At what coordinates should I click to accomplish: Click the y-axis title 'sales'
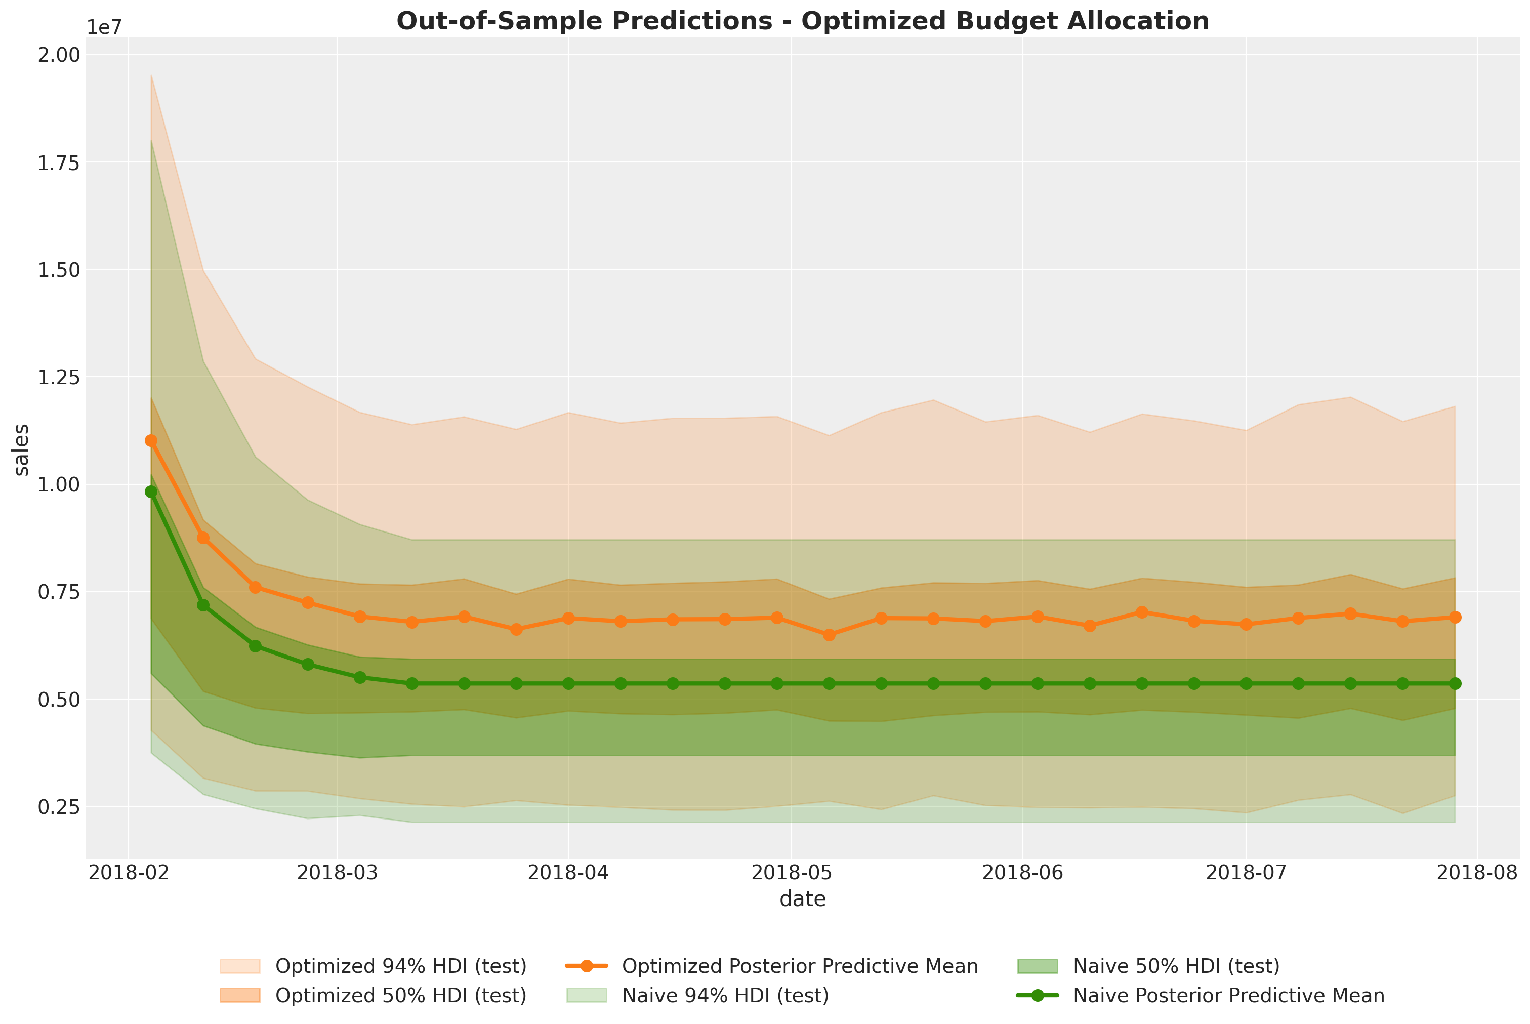tap(22, 449)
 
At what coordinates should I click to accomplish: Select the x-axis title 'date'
tap(803, 899)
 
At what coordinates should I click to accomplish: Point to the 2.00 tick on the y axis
tap(58, 55)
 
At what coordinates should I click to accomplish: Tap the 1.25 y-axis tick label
tap(58, 377)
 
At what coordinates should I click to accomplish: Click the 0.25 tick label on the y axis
tap(58, 807)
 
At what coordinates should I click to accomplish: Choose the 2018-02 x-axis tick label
tap(129, 873)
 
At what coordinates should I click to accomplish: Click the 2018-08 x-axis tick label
tap(1478, 873)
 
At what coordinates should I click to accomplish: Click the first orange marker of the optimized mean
tap(151, 441)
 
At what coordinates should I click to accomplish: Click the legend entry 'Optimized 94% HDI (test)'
tap(400, 966)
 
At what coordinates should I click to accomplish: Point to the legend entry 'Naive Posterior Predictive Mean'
tap(1228, 996)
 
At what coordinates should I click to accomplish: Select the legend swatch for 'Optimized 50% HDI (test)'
tap(240, 996)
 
